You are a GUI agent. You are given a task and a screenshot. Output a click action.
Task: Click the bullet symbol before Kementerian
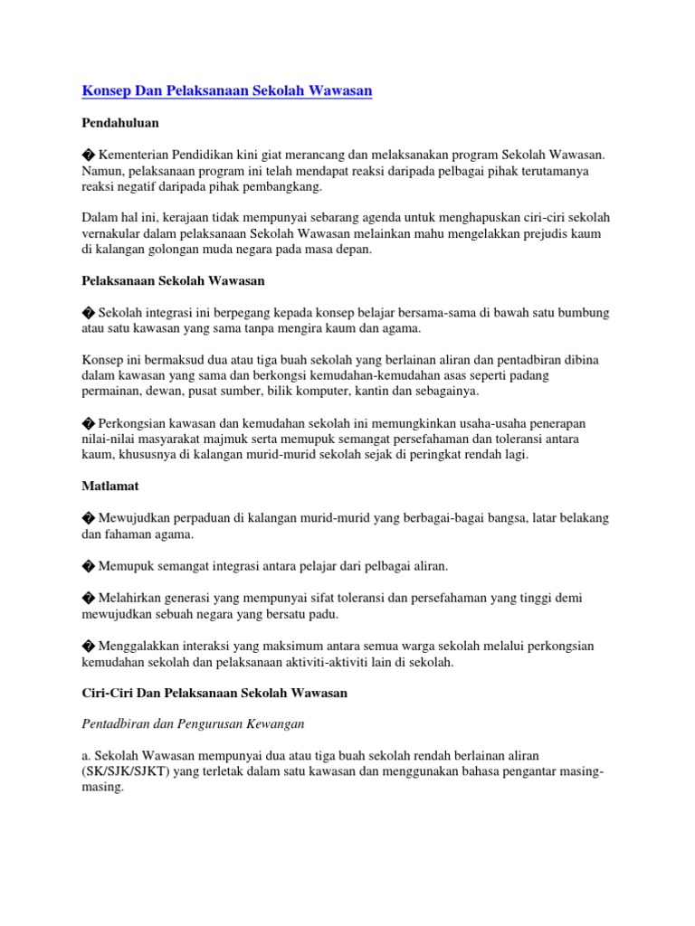click(88, 156)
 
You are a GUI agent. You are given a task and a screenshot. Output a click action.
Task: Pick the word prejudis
click(537, 234)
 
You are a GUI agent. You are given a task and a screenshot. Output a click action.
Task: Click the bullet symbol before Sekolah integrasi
click(88, 313)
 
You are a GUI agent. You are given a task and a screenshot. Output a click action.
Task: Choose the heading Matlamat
click(110, 486)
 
